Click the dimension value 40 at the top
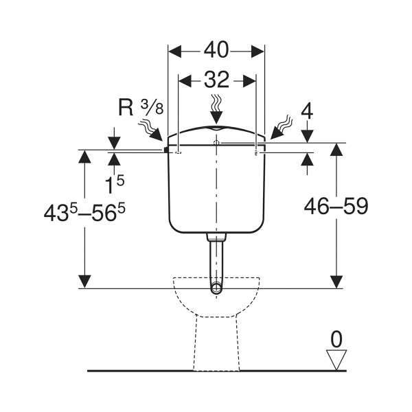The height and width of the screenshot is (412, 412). click(216, 50)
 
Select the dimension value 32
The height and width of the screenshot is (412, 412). click(216, 80)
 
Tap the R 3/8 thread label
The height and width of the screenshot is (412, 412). click(141, 108)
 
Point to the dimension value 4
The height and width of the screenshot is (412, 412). click(307, 112)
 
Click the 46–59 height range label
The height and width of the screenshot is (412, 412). click(336, 206)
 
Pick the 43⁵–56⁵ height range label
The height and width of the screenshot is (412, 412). click(84, 212)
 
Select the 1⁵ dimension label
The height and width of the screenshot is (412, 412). click(114, 184)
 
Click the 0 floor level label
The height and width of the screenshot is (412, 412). click(336, 339)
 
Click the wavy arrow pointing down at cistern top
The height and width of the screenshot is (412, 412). click(216, 110)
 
